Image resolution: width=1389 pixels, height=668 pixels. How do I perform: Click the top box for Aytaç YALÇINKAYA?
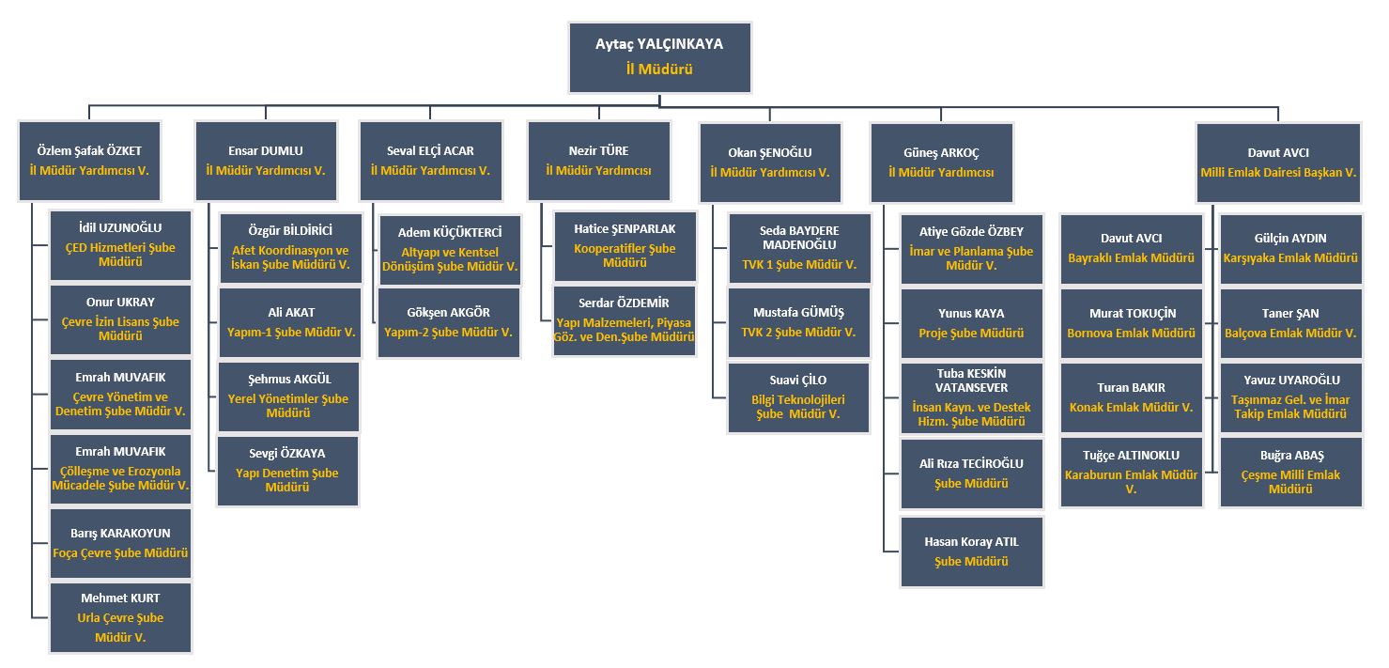point(659,57)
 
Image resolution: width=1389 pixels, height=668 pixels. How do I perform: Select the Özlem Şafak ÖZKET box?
point(89,161)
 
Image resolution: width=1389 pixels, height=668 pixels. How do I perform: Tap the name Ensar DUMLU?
point(266,150)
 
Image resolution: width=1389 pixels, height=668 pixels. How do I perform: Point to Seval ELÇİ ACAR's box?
point(430,161)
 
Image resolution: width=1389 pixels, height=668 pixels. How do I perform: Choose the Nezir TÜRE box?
point(598,161)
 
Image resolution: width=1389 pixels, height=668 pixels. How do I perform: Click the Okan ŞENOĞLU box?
point(770,162)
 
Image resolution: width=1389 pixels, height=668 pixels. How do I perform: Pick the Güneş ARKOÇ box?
point(941,162)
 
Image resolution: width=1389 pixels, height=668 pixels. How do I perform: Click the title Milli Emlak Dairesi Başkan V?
point(1278,173)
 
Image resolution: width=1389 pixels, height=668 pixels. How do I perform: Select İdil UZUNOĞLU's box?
point(120,244)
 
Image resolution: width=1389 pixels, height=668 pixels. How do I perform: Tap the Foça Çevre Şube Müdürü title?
point(120,553)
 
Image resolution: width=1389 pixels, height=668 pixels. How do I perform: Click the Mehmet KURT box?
point(120,617)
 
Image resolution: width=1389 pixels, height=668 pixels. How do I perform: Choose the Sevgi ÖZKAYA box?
point(287,471)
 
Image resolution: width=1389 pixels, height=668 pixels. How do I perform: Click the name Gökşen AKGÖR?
point(449,313)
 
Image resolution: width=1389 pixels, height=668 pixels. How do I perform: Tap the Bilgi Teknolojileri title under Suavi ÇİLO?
point(799,407)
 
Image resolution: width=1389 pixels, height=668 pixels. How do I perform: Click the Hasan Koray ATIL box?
point(971,551)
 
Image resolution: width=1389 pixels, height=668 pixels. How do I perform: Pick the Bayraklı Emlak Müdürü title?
point(1132,257)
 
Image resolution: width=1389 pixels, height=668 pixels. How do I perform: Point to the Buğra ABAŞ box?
point(1290,472)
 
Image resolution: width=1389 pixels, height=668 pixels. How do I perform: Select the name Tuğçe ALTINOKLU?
point(1132,456)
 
